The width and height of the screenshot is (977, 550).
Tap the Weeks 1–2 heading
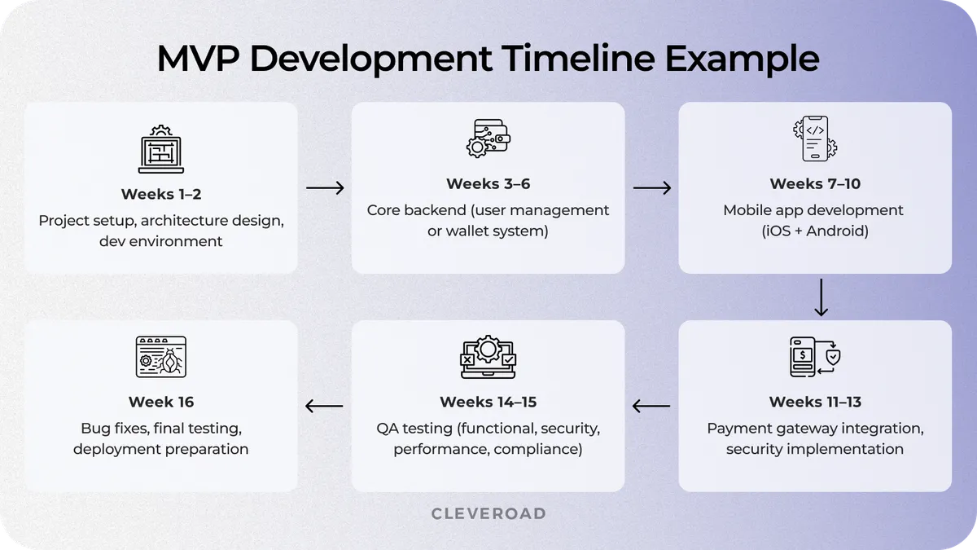[x=161, y=194]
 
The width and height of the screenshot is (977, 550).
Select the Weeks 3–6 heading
[x=488, y=184]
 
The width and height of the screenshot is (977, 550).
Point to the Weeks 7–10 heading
[x=814, y=184]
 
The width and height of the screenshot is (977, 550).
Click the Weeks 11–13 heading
[x=815, y=402]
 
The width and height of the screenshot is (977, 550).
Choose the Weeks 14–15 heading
[x=488, y=402]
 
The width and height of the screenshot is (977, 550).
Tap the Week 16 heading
[x=161, y=402]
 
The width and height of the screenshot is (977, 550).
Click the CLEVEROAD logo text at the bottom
[x=488, y=513]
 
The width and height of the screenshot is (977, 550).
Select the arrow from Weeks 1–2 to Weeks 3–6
[x=325, y=188]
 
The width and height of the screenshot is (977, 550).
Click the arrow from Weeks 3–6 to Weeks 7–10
[x=652, y=188]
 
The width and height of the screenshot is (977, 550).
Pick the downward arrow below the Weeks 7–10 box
[x=821, y=297]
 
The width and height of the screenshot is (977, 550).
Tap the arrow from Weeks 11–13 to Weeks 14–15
[x=651, y=406]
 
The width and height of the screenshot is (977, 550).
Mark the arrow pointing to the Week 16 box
[x=324, y=406]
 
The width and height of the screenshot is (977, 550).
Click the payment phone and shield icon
[x=814, y=356]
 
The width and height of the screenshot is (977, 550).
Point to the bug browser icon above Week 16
[x=161, y=356]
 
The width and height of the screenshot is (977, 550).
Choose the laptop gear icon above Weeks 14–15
[x=488, y=356]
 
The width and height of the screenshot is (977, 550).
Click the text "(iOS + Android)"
[x=814, y=231]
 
